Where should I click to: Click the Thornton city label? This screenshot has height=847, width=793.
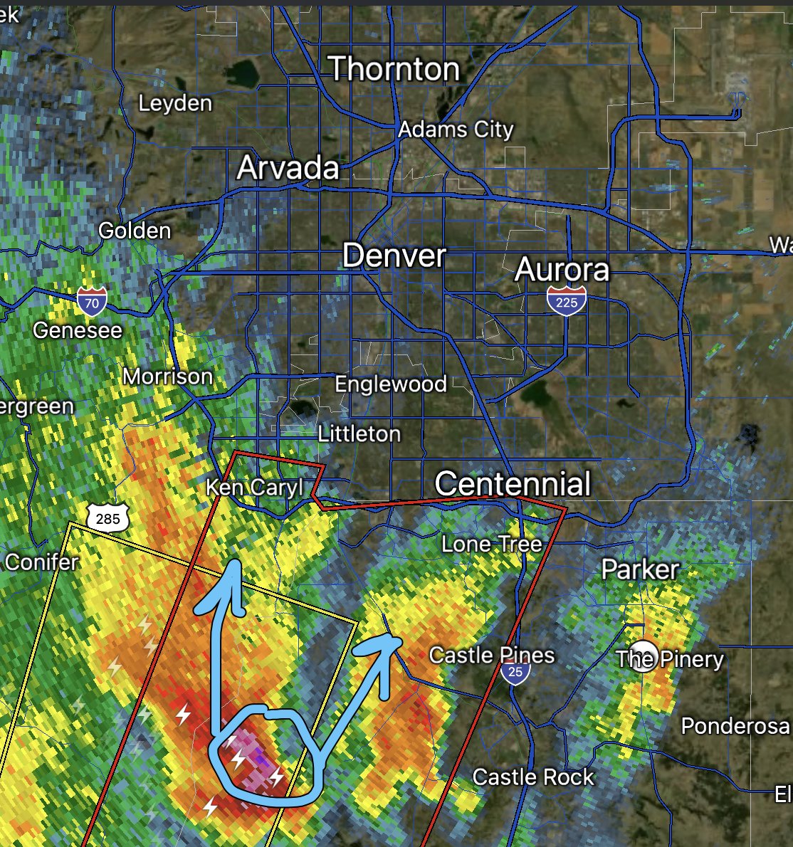394,69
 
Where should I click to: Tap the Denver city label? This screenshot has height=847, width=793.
394,256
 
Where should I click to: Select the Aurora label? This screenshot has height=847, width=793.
562,270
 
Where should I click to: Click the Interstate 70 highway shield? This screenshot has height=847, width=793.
92,302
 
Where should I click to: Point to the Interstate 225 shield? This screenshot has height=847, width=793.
567,301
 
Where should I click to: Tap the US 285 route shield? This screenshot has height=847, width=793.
107,517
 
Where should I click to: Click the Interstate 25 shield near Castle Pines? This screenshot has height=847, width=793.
515,671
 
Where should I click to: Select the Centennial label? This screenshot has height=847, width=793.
513,484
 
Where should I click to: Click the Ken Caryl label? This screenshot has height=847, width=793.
254,488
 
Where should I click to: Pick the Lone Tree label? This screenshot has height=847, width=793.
491,544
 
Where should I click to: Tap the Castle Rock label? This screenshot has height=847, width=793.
533,777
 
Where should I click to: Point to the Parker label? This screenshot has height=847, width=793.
640,569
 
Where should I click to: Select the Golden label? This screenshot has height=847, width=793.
135,231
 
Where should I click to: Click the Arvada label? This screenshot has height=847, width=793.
288,168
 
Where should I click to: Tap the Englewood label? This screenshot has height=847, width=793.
391,384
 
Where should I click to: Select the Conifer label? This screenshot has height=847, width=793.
41,562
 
